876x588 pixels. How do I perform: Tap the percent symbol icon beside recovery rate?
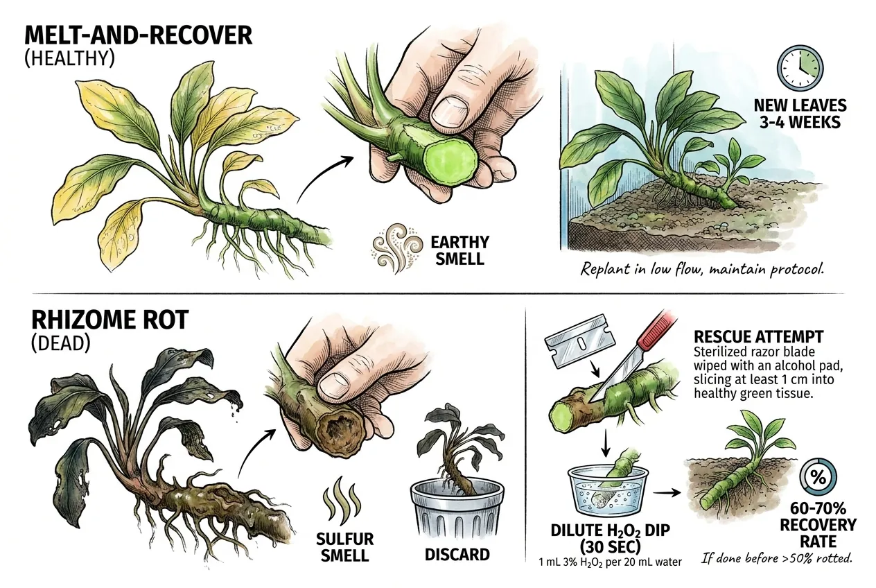click(x=818, y=478)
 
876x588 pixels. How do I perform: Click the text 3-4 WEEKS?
click(x=800, y=123)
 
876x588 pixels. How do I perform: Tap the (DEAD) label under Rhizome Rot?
click(x=60, y=343)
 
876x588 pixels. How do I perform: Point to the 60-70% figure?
click(x=818, y=508)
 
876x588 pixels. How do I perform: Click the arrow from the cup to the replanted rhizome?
click(x=667, y=493)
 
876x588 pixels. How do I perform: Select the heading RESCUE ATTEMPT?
click(x=759, y=337)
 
